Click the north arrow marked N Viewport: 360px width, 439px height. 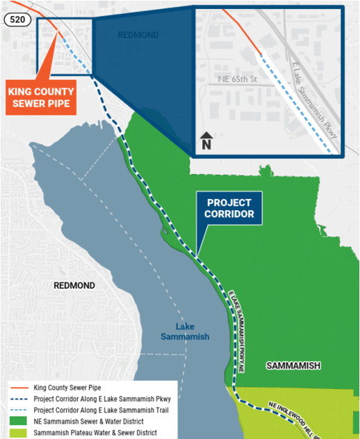tap(206, 141)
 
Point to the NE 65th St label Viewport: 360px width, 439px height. tap(236, 80)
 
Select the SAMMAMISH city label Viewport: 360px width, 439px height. tap(293, 366)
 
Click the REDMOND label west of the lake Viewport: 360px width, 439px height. tap(74, 286)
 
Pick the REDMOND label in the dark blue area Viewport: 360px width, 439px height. tap(138, 35)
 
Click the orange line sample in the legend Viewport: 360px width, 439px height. tap(19, 388)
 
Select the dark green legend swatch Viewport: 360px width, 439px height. tap(19, 422)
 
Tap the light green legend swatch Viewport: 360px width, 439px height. tap(19, 433)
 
